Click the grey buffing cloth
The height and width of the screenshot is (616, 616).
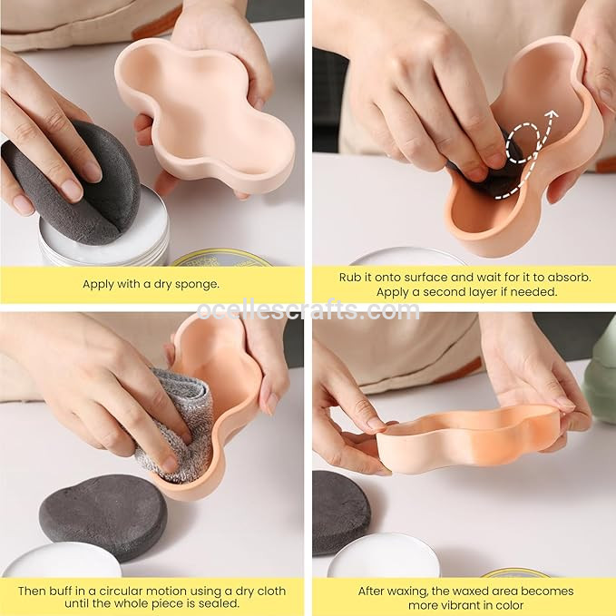(176, 419)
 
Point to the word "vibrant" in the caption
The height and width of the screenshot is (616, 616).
(478, 604)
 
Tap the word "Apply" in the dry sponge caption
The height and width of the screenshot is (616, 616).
(99, 284)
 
